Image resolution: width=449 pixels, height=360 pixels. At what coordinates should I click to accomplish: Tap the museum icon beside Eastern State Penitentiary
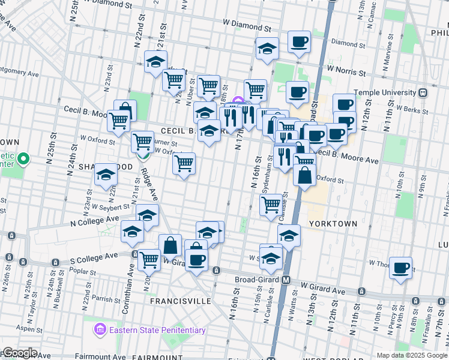coord(99,330)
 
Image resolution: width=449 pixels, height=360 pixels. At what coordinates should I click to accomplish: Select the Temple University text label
coord(385,93)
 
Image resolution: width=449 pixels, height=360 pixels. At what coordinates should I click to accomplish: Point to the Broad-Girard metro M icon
coord(286,280)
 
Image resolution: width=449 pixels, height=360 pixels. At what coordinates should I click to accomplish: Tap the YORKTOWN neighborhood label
coord(333,223)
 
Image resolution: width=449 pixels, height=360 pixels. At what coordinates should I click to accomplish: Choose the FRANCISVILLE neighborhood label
coord(180,301)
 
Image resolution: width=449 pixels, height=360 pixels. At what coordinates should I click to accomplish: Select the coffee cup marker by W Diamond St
coord(299,42)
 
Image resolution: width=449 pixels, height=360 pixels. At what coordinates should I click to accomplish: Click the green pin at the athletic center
coord(23,160)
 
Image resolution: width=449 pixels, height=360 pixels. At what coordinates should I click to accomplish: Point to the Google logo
coord(20,353)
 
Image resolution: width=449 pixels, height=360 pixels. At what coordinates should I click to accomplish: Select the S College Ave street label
coord(94,257)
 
